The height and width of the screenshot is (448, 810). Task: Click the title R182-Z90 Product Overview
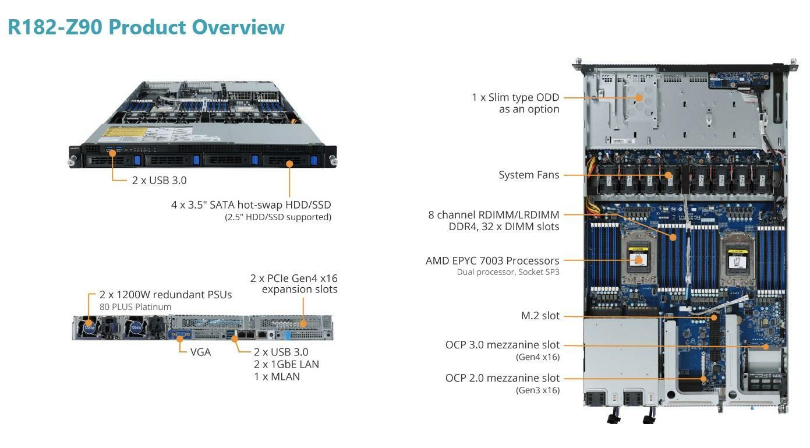coord(146,27)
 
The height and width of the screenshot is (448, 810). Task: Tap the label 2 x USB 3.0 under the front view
coord(159,180)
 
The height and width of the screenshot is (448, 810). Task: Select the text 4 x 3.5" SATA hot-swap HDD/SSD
coord(251,205)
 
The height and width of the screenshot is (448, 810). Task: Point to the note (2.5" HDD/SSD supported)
coord(278,217)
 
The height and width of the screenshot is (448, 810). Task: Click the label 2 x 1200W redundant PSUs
coord(165,295)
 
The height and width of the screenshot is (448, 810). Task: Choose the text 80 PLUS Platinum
coord(135,307)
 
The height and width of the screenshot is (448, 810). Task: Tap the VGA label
coord(200,352)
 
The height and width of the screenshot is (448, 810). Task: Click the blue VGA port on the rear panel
coord(180,335)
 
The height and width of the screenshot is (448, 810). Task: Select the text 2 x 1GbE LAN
coord(286,364)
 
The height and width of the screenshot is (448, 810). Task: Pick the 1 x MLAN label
coord(277,376)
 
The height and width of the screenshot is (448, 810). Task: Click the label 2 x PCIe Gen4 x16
coord(293,278)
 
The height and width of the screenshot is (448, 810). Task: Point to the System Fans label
coord(529,175)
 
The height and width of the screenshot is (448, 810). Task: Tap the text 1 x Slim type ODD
coord(515,97)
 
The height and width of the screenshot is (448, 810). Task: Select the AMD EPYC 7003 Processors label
coord(492,260)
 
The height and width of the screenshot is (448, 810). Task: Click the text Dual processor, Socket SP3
coord(508,272)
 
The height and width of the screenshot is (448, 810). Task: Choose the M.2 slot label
coord(540,316)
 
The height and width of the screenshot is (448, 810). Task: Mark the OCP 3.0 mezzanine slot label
coord(502,345)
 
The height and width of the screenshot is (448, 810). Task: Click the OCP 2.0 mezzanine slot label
coord(502,378)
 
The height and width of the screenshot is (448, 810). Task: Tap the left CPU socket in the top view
coord(639,259)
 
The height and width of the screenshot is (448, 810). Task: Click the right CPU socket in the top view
coord(735,259)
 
